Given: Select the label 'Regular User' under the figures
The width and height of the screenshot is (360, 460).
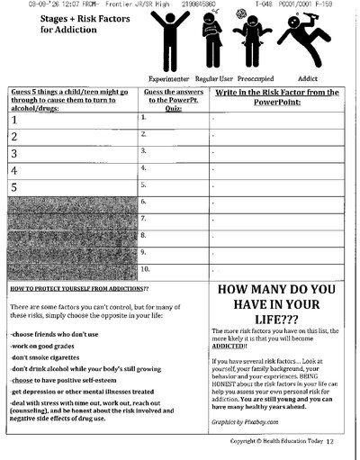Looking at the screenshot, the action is (213, 79).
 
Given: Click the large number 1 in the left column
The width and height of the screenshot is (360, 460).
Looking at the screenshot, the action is (14, 119).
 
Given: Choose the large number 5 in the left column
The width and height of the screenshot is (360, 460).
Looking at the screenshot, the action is (14, 187).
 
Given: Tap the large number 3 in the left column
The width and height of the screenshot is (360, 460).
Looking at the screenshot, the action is (14, 153).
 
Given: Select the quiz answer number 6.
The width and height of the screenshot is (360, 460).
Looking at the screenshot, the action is (144, 201).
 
